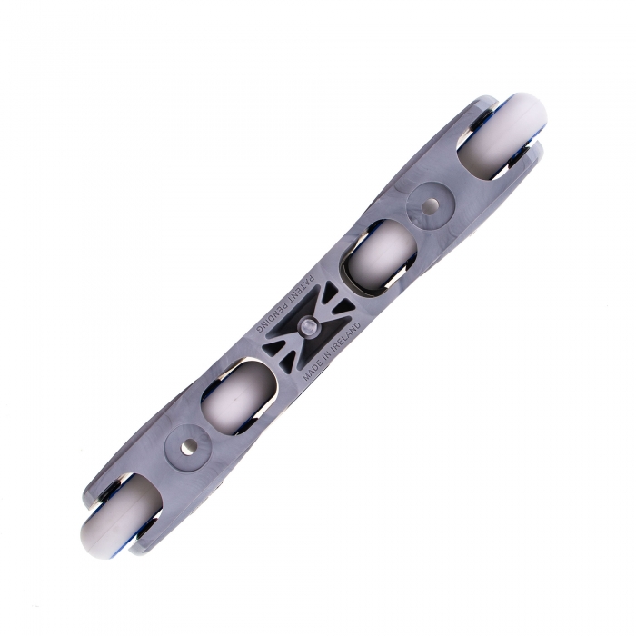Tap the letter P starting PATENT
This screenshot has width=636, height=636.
coord(311,279)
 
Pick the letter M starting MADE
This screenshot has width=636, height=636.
coord(306,376)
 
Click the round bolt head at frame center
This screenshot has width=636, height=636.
coord(309,325)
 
